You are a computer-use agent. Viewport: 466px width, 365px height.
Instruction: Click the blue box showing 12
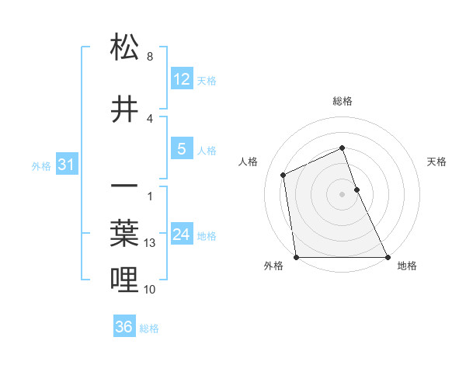(181, 79)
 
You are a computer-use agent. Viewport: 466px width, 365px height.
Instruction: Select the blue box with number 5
(181, 149)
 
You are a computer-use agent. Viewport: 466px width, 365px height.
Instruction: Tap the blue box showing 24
(181, 235)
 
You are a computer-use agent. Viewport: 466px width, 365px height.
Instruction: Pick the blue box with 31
(66, 165)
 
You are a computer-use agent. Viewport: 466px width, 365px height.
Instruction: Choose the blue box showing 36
(124, 327)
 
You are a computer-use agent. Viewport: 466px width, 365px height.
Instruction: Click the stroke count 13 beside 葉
(151, 243)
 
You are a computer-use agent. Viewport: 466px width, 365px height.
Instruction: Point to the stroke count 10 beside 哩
(151, 290)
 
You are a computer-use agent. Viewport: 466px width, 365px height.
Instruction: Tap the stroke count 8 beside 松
(150, 57)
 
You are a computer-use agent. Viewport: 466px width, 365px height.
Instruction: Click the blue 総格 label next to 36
(149, 328)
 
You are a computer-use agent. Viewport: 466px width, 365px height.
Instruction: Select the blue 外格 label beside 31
(41, 165)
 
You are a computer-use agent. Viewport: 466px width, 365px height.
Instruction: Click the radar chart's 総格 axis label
(342, 101)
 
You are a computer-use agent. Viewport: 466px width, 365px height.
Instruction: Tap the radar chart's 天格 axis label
(436, 162)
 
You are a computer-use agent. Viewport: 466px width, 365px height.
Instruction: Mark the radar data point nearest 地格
(387, 257)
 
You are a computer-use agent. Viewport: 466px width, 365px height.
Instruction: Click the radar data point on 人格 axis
(283, 175)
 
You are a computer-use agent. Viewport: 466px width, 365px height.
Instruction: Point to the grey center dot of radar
(342, 193)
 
